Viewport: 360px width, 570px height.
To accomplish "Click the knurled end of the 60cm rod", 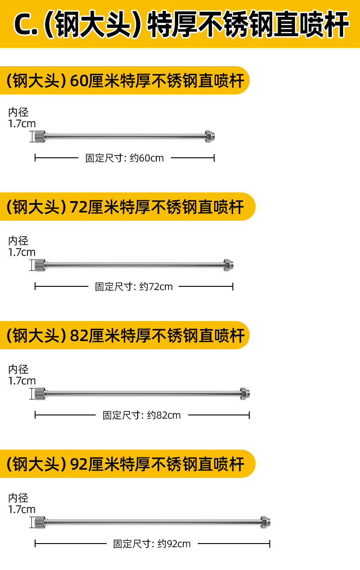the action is pos(40,137).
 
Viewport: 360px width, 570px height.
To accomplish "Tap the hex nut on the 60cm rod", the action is pos(210,137).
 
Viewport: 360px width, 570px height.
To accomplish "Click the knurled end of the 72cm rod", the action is pos(40,265).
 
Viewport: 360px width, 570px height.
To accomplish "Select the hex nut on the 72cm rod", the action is pos(229,265).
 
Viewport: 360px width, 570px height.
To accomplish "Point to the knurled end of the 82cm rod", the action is pos(40,394).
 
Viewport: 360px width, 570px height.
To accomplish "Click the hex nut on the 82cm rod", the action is pos(245,394).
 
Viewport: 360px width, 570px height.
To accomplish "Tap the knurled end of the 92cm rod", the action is pos(40,523).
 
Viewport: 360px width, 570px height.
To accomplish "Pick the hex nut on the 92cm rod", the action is pos(265,523).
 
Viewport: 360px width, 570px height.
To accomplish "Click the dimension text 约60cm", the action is pos(147,158).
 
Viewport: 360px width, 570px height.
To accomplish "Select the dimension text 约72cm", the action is pos(156,286).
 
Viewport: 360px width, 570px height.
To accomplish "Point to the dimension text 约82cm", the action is pos(164,415).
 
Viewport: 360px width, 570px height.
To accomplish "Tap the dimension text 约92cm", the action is pos(174,544).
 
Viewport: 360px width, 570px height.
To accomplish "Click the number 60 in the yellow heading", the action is pos(79,81).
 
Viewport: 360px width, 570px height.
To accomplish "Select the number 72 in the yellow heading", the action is pos(79,207).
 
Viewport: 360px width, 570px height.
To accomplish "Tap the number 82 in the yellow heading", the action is pos(79,335).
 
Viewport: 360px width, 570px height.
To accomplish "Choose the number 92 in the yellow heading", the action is pos(79,464).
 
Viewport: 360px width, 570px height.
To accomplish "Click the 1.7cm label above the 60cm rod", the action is pos(22,124).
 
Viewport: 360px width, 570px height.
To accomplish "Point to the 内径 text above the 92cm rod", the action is pos(18,498).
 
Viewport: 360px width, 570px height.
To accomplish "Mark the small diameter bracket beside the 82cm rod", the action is pos(32,394).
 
